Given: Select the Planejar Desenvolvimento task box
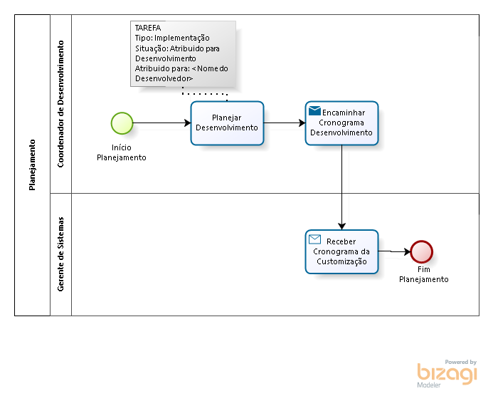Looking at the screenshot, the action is coord(227,123).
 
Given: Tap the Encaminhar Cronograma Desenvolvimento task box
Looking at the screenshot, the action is coord(341,123).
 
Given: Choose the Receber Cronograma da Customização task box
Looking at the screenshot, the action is coord(341,252).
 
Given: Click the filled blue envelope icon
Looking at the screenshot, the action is coord(314,111).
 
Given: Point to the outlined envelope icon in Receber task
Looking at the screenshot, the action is coord(314,239).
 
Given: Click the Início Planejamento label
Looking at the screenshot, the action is coord(122,152).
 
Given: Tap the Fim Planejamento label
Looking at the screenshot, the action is coord(424,274).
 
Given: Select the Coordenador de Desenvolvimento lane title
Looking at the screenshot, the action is coord(60,104).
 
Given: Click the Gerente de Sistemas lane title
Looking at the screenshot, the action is coord(60,254).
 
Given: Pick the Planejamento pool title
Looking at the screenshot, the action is coord(32,165).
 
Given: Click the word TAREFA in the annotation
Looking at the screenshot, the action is coord(148,28).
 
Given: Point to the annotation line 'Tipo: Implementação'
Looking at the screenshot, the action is coord(172,38).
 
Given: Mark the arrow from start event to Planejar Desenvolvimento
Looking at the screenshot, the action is coord(162,123).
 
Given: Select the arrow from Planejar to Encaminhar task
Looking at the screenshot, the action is coord(285,123).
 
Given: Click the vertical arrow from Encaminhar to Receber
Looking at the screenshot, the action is coord(341,187).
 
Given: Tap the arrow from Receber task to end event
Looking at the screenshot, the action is coord(394,251).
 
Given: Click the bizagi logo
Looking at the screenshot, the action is coord(447,374).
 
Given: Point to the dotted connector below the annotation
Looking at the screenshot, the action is coord(205,94).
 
